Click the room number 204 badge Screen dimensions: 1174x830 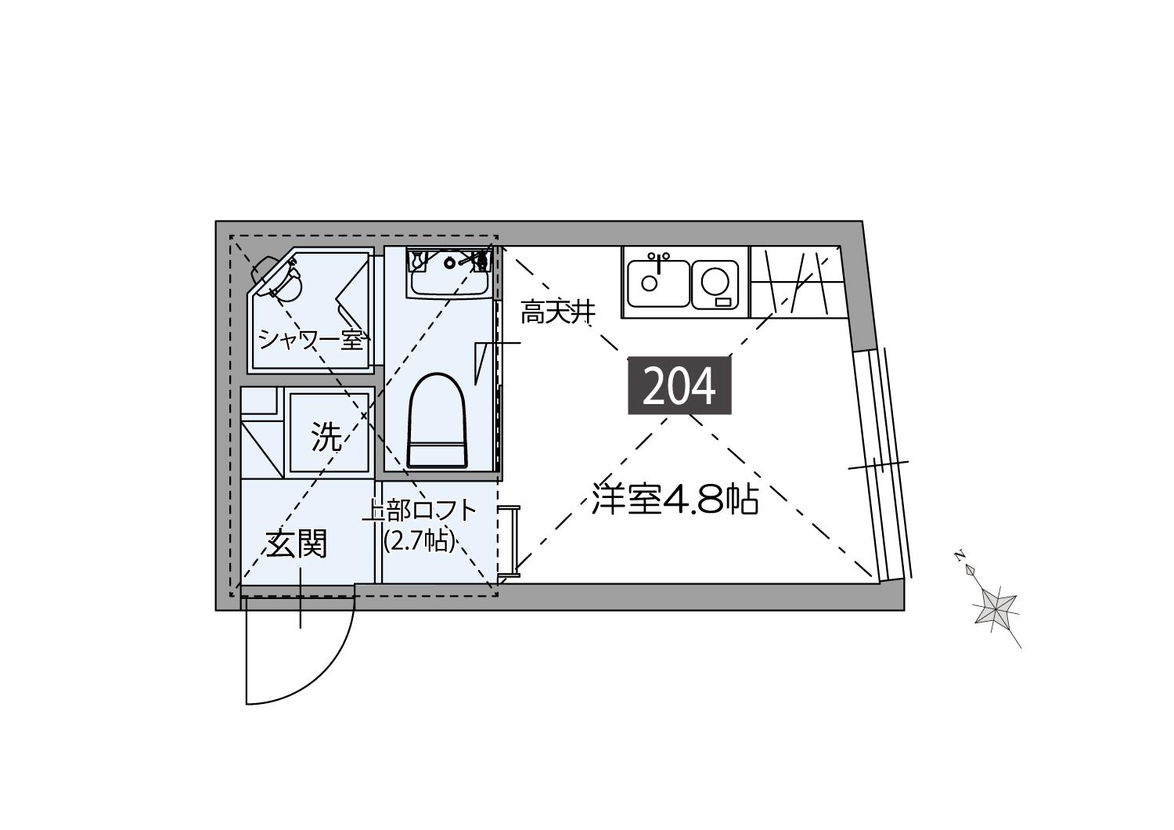pyautogui.click(x=679, y=385)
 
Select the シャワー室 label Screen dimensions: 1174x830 pyautogui.click(x=311, y=340)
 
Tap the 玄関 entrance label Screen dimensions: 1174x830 pyautogui.click(x=297, y=544)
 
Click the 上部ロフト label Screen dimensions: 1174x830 pyautogui.click(x=420, y=512)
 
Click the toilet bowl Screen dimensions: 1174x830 pyautogui.click(x=437, y=420)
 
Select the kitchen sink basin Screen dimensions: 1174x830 pyautogui.click(x=659, y=283)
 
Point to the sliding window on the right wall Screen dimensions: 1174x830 pyautogui.click(x=883, y=464)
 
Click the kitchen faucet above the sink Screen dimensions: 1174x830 pyautogui.click(x=658, y=262)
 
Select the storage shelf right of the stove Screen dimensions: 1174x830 pyautogui.click(x=797, y=282)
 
